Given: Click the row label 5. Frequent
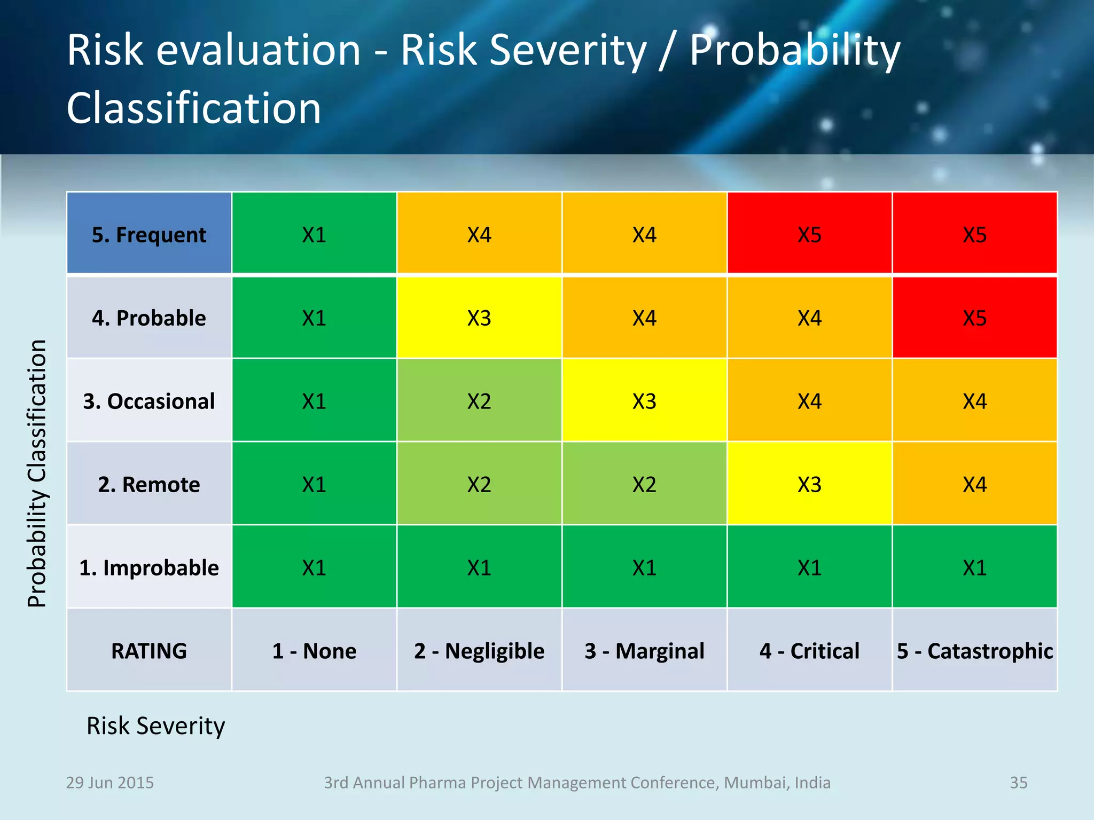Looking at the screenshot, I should pyautogui.click(x=149, y=235).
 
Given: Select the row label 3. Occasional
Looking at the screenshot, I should pyautogui.click(x=149, y=401).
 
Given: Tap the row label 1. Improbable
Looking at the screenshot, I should pyautogui.click(x=149, y=568).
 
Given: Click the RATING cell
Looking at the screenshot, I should pyautogui.click(x=149, y=651).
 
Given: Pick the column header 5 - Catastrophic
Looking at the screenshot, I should pyautogui.click(x=974, y=651).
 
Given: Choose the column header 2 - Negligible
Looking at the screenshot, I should pyautogui.click(x=479, y=651).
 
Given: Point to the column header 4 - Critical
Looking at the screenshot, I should pyautogui.click(x=809, y=651).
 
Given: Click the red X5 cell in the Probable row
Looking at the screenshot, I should pyautogui.click(x=974, y=318).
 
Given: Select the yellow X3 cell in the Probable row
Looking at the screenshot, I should pyautogui.click(x=479, y=318).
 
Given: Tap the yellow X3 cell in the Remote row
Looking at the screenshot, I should pyautogui.click(x=809, y=485).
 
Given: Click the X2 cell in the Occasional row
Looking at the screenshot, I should pyautogui.click(x=479, y=401).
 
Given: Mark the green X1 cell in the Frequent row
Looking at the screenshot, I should pyautogui.click(x=314, y=235).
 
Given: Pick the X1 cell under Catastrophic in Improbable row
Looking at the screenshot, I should pyautogui.click(x=974, y=568).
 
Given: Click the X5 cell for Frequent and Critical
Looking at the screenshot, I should pyautogui.click(x=809, y=235).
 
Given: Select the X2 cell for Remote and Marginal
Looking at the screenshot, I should pyautogui.click(x=644, y=485).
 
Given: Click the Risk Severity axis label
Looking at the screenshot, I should pyautogui.click(x=155, y=726).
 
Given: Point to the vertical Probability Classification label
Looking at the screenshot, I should pyautogui.click(x=37, y=473).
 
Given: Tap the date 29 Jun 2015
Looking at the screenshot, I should pyautogui.click(x=110, y=783).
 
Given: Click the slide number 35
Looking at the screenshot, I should pyautogui.click(x=1018, y=783).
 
